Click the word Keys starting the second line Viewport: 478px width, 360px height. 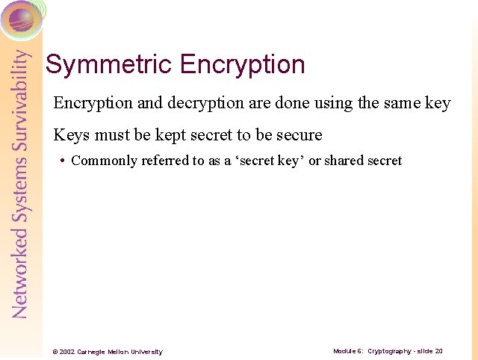(x=69, y=135)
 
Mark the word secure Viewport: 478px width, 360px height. (x=298, y=135)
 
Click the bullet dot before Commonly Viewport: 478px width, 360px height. (x=62, y=161)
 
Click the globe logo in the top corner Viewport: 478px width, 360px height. (x=22, y=20)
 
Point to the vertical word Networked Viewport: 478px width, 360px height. (x=21, y=276)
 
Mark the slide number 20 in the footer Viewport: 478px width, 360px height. (x=439, y=351)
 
